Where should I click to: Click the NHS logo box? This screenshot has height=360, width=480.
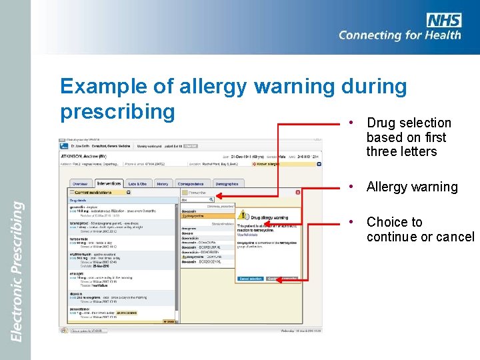click(443, 20)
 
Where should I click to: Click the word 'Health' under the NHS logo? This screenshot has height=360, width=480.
click(437, 35)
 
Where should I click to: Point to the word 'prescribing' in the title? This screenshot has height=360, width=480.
click(117, 111)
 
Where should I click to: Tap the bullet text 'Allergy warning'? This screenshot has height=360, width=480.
click(412, 187)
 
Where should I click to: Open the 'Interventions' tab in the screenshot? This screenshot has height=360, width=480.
click(108, 183)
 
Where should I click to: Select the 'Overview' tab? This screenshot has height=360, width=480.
click(80, 184)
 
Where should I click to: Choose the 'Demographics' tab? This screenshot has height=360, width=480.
click(227, 184)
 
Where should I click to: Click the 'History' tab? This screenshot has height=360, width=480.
click(163, 184)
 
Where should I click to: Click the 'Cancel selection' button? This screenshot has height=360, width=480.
click(251, 279)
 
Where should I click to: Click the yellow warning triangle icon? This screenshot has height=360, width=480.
click(244, 216)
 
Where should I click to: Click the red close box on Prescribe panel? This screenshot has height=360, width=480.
click(297, 192)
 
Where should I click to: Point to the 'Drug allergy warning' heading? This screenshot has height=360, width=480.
click(269, 217)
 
